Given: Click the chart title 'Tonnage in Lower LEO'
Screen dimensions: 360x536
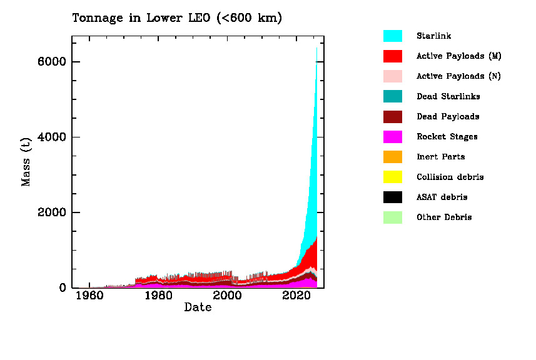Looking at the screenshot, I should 177,18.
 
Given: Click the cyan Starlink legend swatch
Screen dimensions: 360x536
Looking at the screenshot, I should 392,36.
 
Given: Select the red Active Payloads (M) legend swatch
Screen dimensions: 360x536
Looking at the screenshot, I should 392,56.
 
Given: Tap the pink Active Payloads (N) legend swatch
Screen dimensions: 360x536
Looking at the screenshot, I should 392,76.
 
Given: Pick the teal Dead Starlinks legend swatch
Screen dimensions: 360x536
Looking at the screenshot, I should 392,96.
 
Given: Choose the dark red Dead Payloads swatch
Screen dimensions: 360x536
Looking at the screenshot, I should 392,116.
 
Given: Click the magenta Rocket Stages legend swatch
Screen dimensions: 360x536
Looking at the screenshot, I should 392,136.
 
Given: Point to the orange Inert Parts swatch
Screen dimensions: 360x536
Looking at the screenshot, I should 392,156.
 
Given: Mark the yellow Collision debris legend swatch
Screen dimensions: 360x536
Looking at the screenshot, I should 392,177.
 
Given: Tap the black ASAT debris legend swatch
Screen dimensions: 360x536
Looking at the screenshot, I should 392,197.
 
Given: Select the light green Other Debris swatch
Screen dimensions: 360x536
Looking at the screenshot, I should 392,217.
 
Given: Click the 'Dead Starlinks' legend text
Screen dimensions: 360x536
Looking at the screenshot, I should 448,96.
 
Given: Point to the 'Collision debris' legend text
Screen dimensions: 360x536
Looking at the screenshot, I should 450,177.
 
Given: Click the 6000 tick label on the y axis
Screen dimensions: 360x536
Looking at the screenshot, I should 52,62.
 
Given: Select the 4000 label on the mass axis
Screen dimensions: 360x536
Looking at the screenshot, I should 52,137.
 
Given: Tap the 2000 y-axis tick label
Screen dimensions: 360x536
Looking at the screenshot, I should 52,212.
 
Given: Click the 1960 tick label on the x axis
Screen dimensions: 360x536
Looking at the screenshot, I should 89,296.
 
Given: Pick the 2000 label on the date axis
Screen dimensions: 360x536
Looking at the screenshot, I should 227,296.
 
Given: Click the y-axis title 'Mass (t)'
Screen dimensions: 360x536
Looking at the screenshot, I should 26,162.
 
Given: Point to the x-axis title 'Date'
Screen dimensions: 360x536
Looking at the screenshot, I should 198,307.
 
